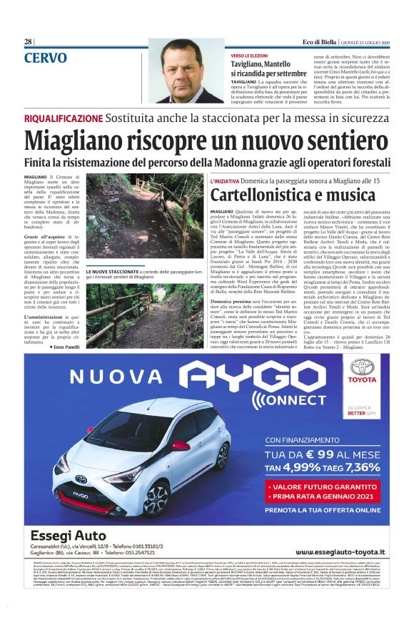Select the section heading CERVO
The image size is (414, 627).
coord(46,57)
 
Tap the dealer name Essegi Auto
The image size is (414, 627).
coord(69,536)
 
